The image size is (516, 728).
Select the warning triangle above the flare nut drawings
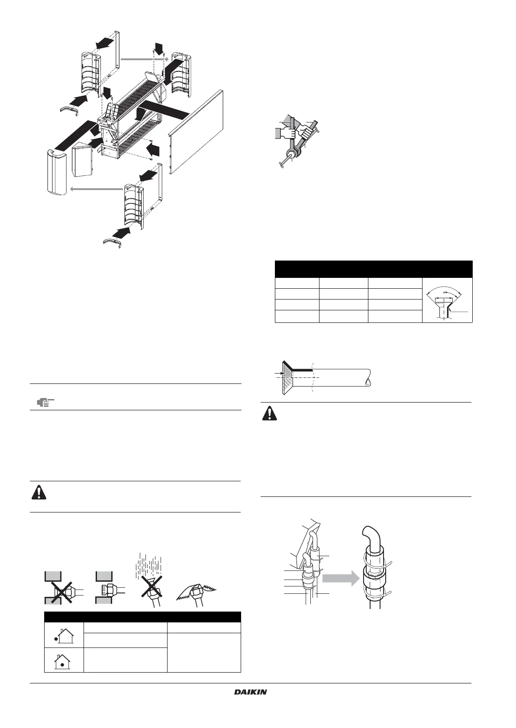pos(39,492)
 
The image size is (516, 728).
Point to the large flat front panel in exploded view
pos(197,132)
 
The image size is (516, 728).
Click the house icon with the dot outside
pos(63,635)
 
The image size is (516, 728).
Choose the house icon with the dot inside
pos(63,661)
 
